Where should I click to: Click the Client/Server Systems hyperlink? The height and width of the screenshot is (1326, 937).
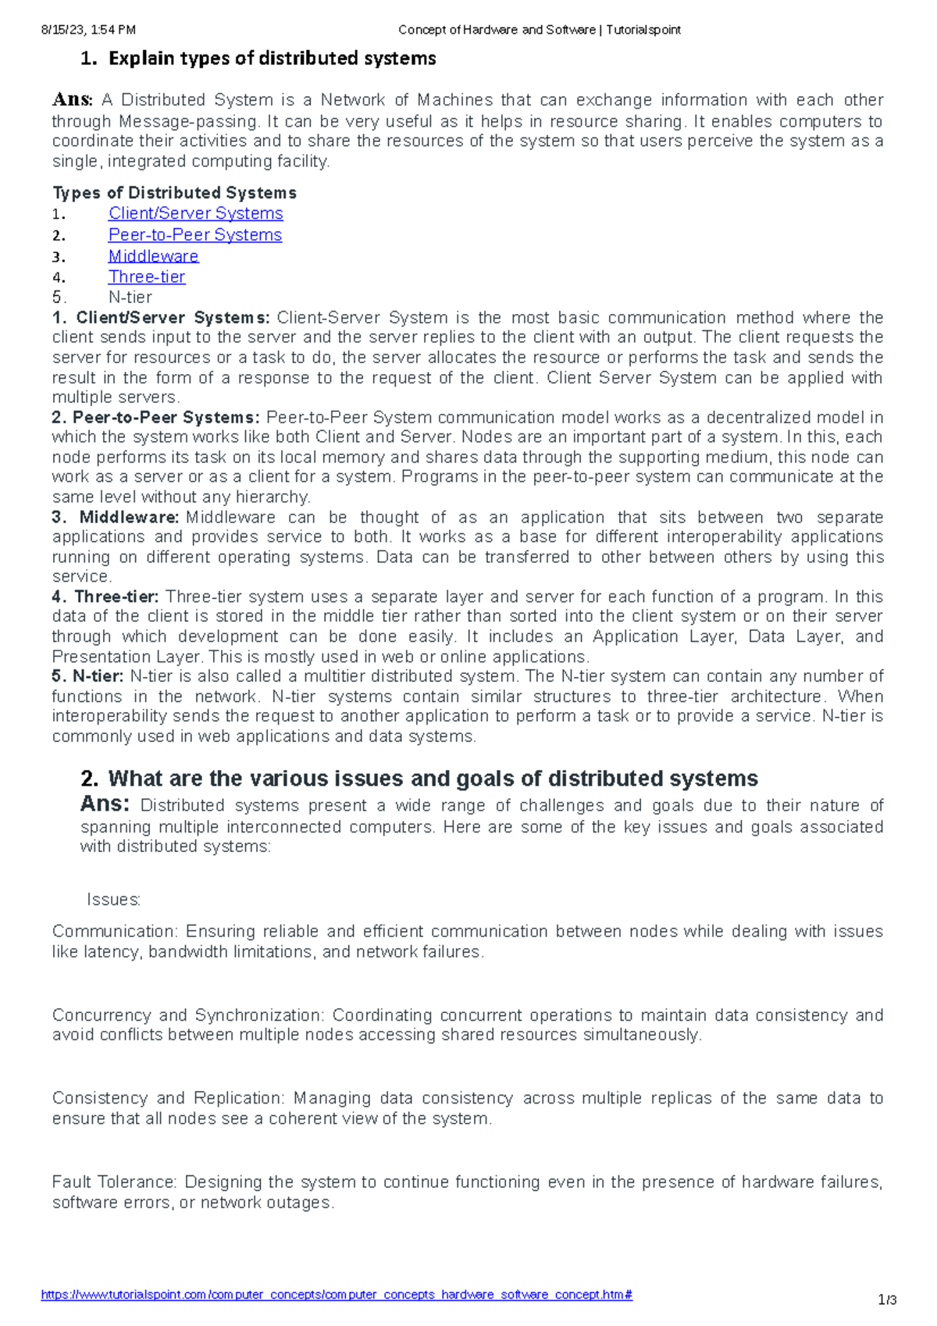coord(195,213)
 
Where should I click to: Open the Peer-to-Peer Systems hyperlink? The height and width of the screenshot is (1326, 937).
coord(195,234)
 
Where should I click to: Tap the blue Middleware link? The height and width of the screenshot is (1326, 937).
coord(153,256)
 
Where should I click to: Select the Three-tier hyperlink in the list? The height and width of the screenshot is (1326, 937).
coord(147,276)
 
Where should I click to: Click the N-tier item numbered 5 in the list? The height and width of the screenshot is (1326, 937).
coord(130,297)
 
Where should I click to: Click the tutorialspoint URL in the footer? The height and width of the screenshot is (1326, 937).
coord(336,1295)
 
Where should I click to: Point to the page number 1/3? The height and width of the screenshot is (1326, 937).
coord(887,1300)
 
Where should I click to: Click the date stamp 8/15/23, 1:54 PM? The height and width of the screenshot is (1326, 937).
coord(88,30)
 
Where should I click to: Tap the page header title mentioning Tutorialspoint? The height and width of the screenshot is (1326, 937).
coord(539,30)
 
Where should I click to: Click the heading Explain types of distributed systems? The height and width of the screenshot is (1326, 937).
coord(272,59)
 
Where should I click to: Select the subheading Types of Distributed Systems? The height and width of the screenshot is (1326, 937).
coord(174,193)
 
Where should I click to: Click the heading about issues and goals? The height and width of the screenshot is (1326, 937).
coord(433,779)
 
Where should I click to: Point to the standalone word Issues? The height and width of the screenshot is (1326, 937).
coord(113,900)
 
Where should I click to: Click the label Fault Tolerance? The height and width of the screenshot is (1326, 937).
coord(115,1182)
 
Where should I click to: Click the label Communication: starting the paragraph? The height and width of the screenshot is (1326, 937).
coord(116,932)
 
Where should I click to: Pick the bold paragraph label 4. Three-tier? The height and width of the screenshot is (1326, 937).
coord(105,597)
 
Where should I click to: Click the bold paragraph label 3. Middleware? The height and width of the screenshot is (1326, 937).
coord(116,517)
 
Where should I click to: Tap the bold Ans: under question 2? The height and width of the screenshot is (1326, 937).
coord(105,804)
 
